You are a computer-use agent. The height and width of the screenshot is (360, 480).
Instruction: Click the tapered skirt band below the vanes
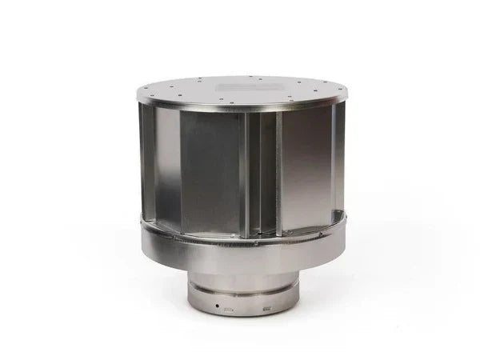240,248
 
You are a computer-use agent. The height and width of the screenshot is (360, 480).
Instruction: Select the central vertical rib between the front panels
245,168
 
